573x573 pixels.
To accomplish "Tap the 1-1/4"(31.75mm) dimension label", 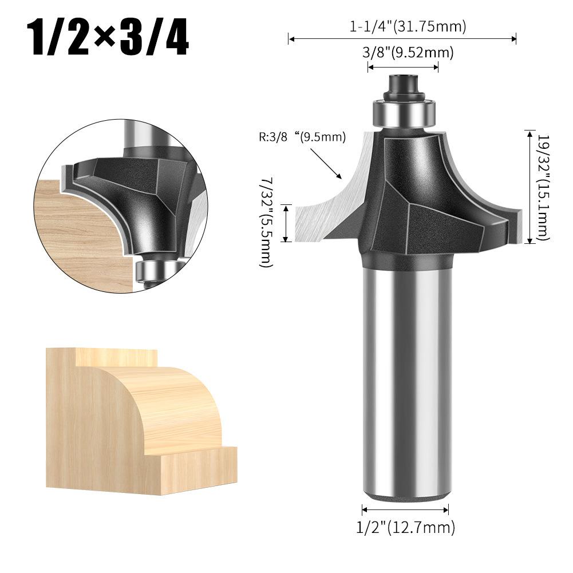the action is click(408, 26).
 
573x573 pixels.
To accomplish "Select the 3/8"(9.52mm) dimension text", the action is click(408, 53).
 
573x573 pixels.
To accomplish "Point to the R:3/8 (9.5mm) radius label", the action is click(302, 137).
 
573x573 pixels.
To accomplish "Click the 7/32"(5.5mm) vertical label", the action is click(266, 223).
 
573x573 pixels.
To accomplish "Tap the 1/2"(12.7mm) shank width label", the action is click(406, 527).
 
